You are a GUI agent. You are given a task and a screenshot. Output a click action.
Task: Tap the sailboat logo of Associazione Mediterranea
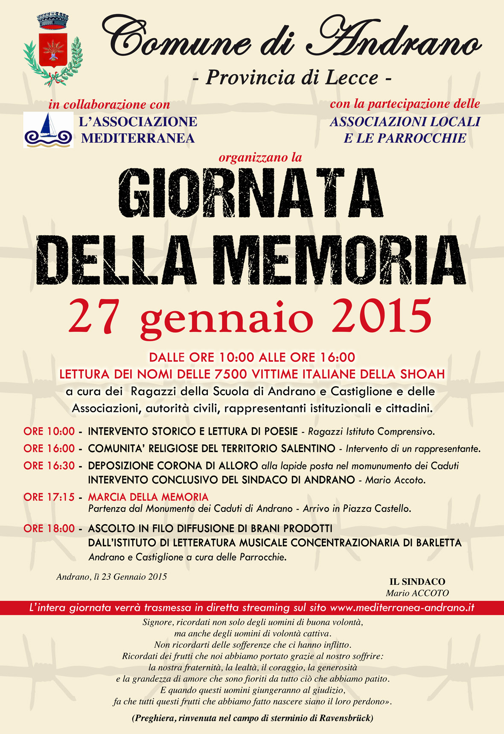coord(48,130)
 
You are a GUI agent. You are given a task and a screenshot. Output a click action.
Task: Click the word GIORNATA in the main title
coord(251,194)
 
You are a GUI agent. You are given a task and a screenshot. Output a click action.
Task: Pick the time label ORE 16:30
coord(49,466)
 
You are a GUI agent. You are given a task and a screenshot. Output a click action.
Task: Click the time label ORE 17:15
coord(49,497)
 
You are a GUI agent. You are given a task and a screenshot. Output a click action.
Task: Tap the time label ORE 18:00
coord(49,528)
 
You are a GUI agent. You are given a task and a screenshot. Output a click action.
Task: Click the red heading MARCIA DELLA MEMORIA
coord(148,497)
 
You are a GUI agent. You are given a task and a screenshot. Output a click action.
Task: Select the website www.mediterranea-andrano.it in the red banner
coord(402,608)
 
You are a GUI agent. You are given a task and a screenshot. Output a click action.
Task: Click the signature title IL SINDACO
coord(417,581)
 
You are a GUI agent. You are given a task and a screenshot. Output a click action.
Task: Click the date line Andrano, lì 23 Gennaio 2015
coord(111,577)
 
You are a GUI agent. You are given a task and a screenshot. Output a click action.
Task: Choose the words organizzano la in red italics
coord(260,158)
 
